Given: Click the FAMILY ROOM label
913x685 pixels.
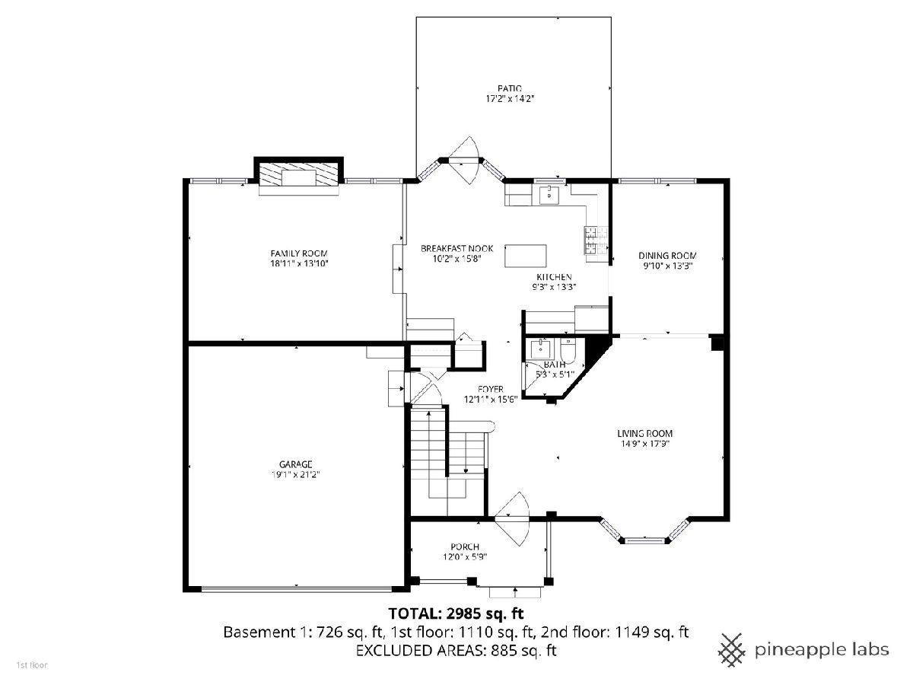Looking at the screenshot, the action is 299,253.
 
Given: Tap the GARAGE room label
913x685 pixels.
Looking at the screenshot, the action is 295,464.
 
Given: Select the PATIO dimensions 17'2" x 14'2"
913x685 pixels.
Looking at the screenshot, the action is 510,99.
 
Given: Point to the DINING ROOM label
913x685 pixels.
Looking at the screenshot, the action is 667,256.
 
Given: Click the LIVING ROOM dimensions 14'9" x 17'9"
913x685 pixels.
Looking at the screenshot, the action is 645,444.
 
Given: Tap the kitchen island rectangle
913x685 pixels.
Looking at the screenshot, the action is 525,256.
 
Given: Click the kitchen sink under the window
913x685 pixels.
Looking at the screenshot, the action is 549,195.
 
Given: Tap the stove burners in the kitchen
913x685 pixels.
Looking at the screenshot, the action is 595,240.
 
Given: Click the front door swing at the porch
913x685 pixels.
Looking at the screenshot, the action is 513,518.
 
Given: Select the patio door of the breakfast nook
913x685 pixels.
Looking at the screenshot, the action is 464,160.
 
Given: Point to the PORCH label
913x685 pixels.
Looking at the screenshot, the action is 465,546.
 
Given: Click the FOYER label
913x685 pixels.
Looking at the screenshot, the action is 491,389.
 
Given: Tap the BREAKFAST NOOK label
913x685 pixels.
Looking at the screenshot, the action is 456,249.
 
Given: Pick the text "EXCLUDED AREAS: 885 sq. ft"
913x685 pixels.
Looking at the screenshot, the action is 456,650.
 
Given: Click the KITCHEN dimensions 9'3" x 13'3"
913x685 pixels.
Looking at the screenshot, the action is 554,287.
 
